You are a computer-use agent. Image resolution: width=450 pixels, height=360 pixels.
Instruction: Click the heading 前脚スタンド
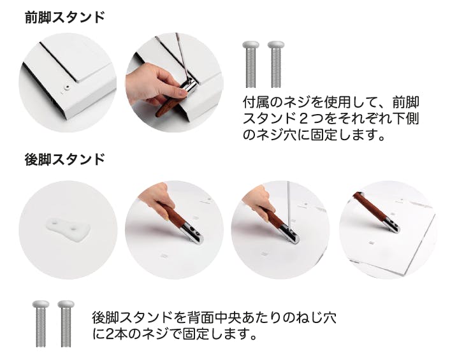[x=64, y=17]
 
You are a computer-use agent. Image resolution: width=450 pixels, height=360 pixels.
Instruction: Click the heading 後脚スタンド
[x=64, y=159]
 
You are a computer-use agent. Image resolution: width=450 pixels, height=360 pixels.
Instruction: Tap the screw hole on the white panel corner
[x=67, y=87]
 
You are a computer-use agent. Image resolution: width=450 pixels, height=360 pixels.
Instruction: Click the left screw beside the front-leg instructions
[x=250, y=64]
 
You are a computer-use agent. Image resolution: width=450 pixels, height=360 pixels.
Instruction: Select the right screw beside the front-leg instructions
[x=276, y=64]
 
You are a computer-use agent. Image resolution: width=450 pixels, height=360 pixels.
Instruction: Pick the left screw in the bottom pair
[x=40, y=324]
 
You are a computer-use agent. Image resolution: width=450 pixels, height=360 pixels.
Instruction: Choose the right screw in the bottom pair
[x=66, y=324]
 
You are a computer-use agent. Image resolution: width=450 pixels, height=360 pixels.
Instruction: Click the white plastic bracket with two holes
[x=68, y=229]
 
